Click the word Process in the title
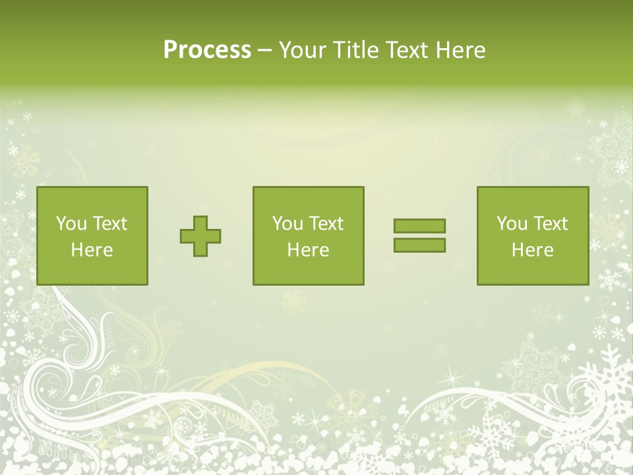(207, 50)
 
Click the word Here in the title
(461, 50)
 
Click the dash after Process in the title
(265, 51)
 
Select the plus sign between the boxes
(200, 236)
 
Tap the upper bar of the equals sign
(419, 226)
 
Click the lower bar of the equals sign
(419, 245)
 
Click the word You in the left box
(71, 224)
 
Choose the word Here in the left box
(92, 250)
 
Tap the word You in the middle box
(287, 224)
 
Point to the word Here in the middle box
(308, 250)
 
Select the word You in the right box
(511, 224)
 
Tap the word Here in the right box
(532, 250)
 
